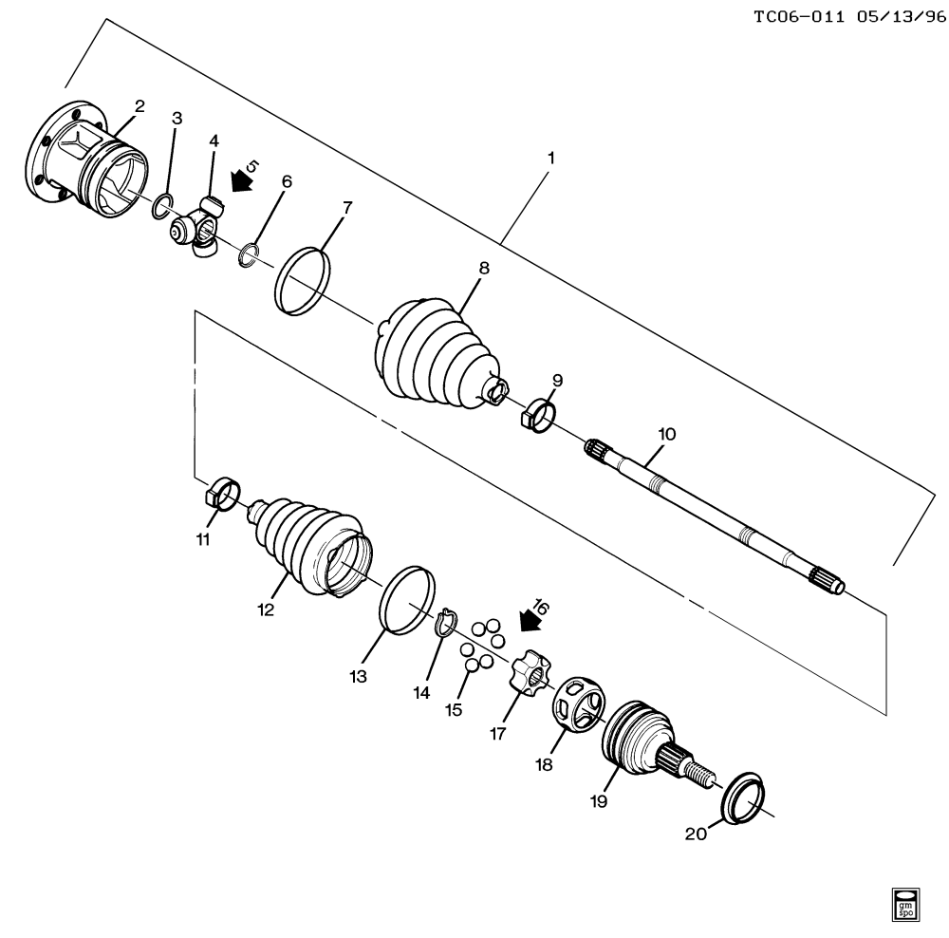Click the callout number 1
549,158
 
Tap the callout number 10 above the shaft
666,434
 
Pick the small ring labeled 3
163,202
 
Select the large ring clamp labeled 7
302,280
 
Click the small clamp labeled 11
223,494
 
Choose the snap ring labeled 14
444,624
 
